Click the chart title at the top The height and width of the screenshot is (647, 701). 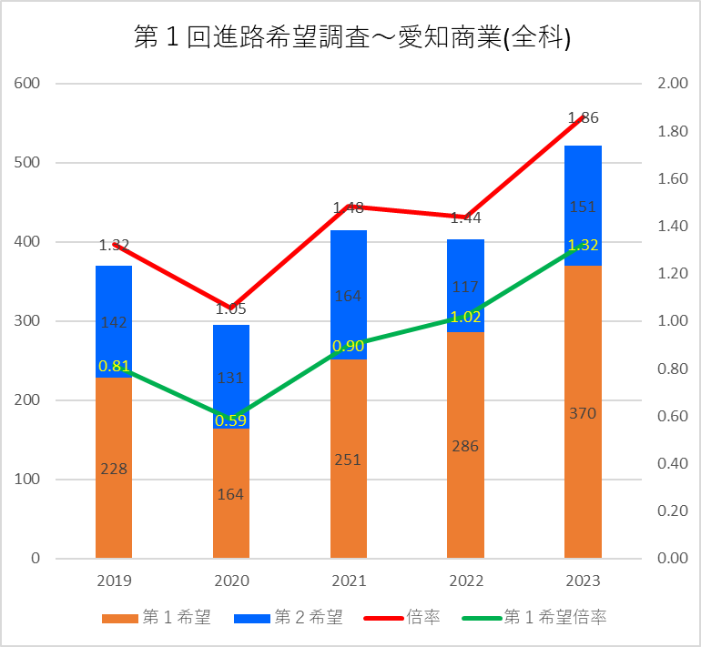point(351,38)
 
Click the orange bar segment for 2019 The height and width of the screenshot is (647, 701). point(114,510)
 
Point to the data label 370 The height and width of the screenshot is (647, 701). point(583,413)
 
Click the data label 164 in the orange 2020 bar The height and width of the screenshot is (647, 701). point(231,494)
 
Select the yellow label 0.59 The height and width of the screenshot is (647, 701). point(231,420)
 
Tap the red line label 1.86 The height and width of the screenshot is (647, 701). point(583,117)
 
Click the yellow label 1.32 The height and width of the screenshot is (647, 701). point(583,245)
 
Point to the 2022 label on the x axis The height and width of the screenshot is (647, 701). point(465,581)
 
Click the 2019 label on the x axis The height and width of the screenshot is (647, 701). point(114,581)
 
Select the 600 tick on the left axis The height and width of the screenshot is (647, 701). point(28,84)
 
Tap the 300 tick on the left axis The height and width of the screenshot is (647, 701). point(28,321)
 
